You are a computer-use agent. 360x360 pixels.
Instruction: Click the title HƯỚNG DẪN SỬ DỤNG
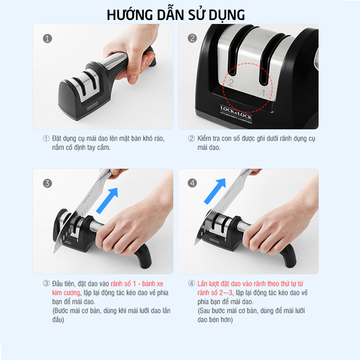(176, 15)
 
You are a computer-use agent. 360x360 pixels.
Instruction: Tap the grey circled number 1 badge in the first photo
(47, 38)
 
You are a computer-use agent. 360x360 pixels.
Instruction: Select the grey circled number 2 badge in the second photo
(192, 38)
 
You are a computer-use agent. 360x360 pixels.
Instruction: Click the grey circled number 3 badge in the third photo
(47, 183)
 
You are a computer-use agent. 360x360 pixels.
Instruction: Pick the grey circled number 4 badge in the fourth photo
(192, 183)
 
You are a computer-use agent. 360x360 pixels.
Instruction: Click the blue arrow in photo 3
(107, 200)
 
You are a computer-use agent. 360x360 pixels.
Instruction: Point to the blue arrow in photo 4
(215, 191)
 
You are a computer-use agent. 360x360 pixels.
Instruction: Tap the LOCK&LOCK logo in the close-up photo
(236, 112)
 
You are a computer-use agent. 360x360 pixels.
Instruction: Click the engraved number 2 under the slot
(231, 83)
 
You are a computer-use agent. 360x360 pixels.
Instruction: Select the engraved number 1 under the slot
(264, 93)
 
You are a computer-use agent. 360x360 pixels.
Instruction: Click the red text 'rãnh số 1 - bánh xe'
(137, 284)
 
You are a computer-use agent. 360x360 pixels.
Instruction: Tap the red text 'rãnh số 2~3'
(215, 293)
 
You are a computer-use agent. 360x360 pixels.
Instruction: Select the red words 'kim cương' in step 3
(66, 293)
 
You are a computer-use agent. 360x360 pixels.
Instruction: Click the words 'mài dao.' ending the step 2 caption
(209, 147)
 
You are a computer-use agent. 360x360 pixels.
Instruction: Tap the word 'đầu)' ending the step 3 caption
(58, 320)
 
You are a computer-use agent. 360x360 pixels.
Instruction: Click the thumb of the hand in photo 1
(133, 71)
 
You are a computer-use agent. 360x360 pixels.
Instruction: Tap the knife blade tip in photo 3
(54, 253)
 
